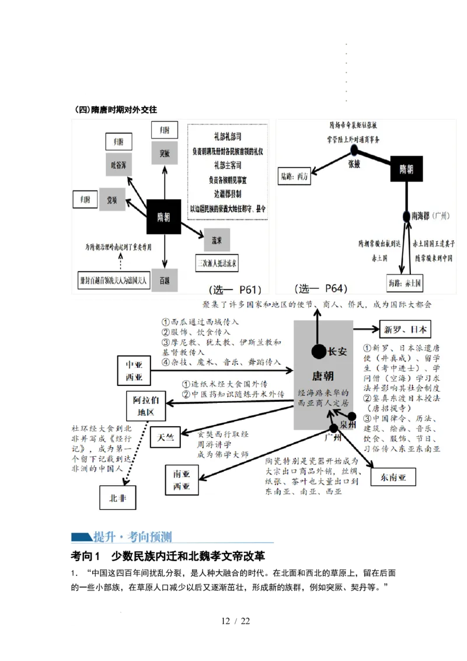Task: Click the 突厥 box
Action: pos(164,154)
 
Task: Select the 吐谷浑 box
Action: pos(119,166)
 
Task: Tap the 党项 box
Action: pos(112,199)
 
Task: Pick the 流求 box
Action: pos(217,239)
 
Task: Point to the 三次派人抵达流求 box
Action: pos(217,263)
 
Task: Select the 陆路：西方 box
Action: pos(295,175)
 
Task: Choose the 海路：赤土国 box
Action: pos(404,283)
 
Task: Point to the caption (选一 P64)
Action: pos(321,288)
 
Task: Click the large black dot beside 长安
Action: pos(319,352)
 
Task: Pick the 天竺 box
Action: pos(165,439)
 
